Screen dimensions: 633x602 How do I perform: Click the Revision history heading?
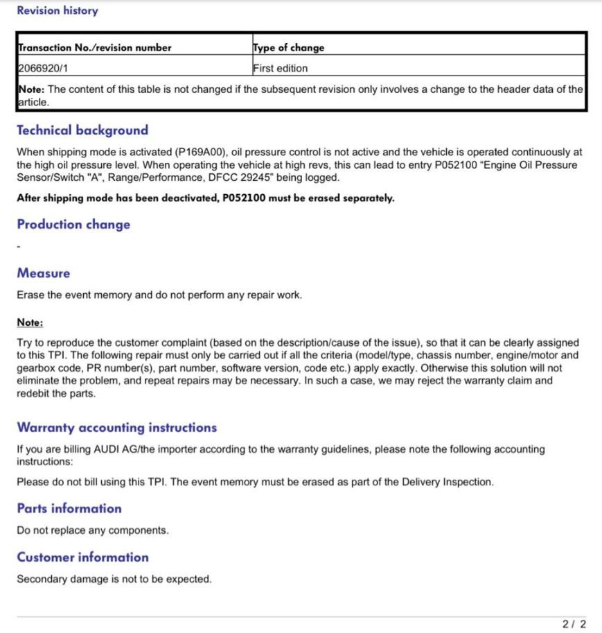[57, 11]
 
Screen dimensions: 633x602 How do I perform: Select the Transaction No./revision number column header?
[94, 48]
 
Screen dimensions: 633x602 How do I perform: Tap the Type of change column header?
[288, 48]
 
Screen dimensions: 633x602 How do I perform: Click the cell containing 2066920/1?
[44, 68]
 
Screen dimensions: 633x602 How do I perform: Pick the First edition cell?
[280, 68]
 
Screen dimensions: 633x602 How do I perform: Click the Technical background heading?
[82, 130]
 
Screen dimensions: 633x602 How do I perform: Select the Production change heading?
[73, 225]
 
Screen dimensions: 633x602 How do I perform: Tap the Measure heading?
[44, 273]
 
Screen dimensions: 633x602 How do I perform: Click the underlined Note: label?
[30, 322]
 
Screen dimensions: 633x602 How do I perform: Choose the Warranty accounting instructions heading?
[117, 428]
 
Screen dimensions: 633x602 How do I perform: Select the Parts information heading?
[69, 509]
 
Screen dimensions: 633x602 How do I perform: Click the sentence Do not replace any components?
[93, 530]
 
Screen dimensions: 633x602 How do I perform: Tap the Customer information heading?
[83, 557]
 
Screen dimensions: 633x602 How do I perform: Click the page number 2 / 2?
[574, 625]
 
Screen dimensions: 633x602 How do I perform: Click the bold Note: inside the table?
[31, 89]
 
